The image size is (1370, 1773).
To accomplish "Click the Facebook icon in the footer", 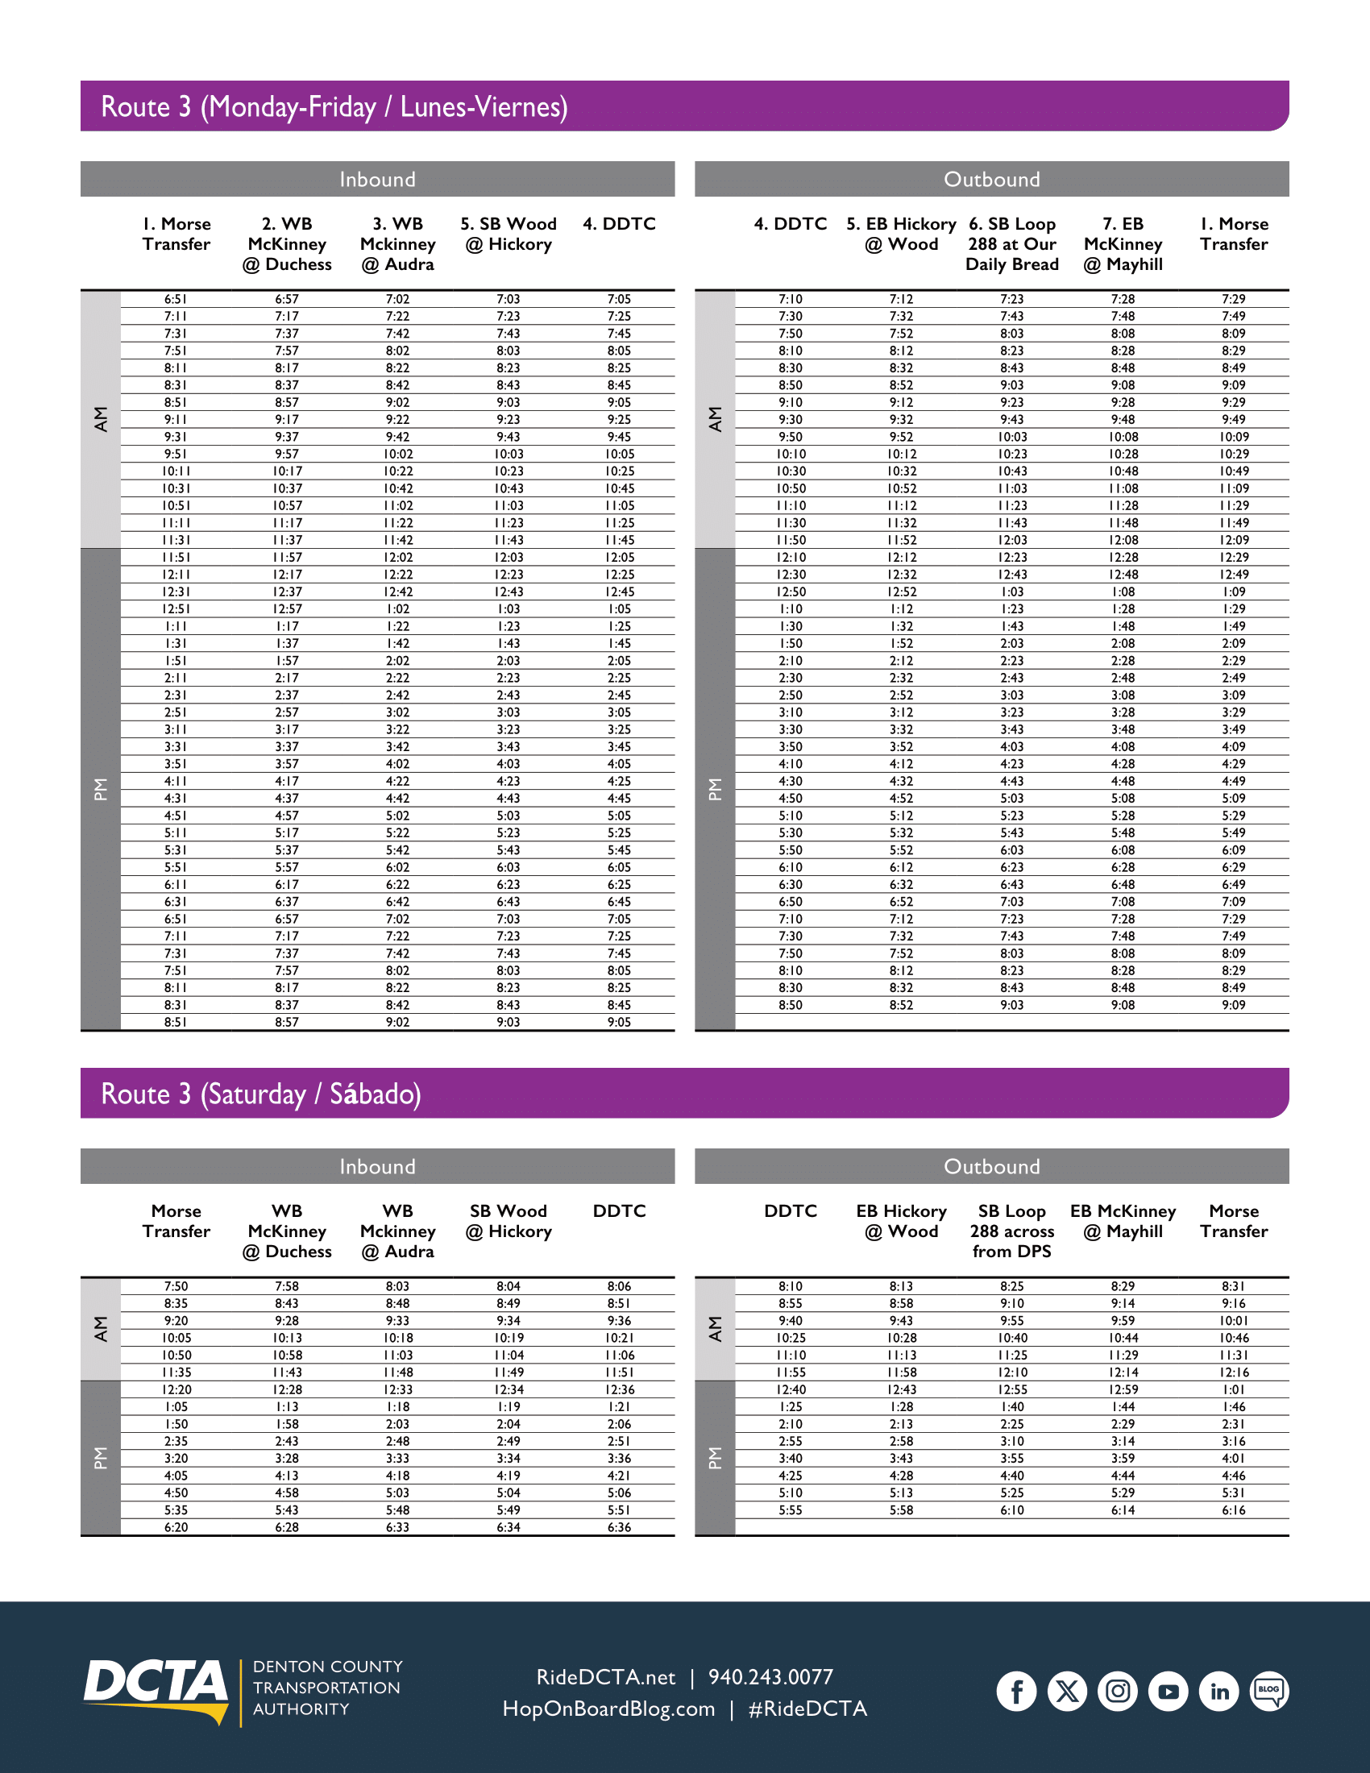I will [x=1016, y=1691].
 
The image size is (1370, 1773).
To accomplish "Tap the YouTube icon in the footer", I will [x=1168, y=1691].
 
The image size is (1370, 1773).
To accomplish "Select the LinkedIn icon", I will [x=1219, y=1691].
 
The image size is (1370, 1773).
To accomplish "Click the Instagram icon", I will [x=1118, y=1691].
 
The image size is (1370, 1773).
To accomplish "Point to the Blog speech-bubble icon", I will [x=1269, y=1690].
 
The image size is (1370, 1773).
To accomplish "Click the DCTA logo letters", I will [x=155, y=1682].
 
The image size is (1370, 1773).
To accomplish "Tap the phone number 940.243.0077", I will [x=770, y=1676].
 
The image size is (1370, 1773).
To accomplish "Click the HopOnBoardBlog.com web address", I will [x=608, y=1708].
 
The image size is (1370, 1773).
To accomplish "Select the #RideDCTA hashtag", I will [x=807, y=1708].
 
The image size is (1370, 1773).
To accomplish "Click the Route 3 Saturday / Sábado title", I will [x=260, y=1094].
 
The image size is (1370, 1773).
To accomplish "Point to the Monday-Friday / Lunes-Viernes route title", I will [x=334, y=106].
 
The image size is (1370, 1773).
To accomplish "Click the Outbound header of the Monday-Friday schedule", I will [x=991, y=180].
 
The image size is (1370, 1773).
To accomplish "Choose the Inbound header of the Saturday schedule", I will [x=377, y=1167].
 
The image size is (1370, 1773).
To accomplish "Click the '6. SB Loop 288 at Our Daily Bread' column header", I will [x=1012, y=243].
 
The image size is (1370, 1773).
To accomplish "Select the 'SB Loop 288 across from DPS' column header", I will [x=1012, y=1231].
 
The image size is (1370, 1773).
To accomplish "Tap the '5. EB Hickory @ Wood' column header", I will [x=901, y=234].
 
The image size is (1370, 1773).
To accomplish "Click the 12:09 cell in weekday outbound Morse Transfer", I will [x=1234, y=540].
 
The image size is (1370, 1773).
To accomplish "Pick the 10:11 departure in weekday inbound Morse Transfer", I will [x=176, y=471].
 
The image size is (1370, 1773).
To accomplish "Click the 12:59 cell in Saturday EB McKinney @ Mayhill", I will [x=1123, y=1390].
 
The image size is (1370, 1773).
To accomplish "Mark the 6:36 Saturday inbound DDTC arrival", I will [x=619, y=1527].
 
